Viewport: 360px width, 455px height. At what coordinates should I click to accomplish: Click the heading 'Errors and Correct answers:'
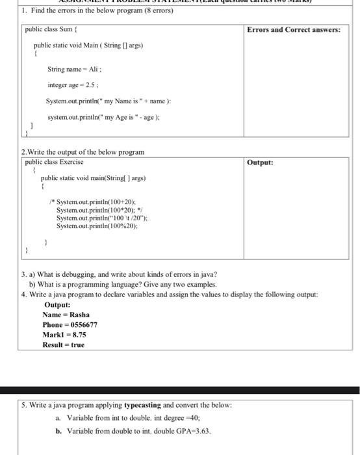coord(294,30)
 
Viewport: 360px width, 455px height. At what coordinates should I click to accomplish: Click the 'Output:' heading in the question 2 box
coord(260,162)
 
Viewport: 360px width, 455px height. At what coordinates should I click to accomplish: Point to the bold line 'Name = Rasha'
coord(66,315)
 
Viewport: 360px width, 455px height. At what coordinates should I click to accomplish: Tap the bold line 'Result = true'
coord(64,344)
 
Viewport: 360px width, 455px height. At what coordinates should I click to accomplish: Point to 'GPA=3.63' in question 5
coord(194,430)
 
